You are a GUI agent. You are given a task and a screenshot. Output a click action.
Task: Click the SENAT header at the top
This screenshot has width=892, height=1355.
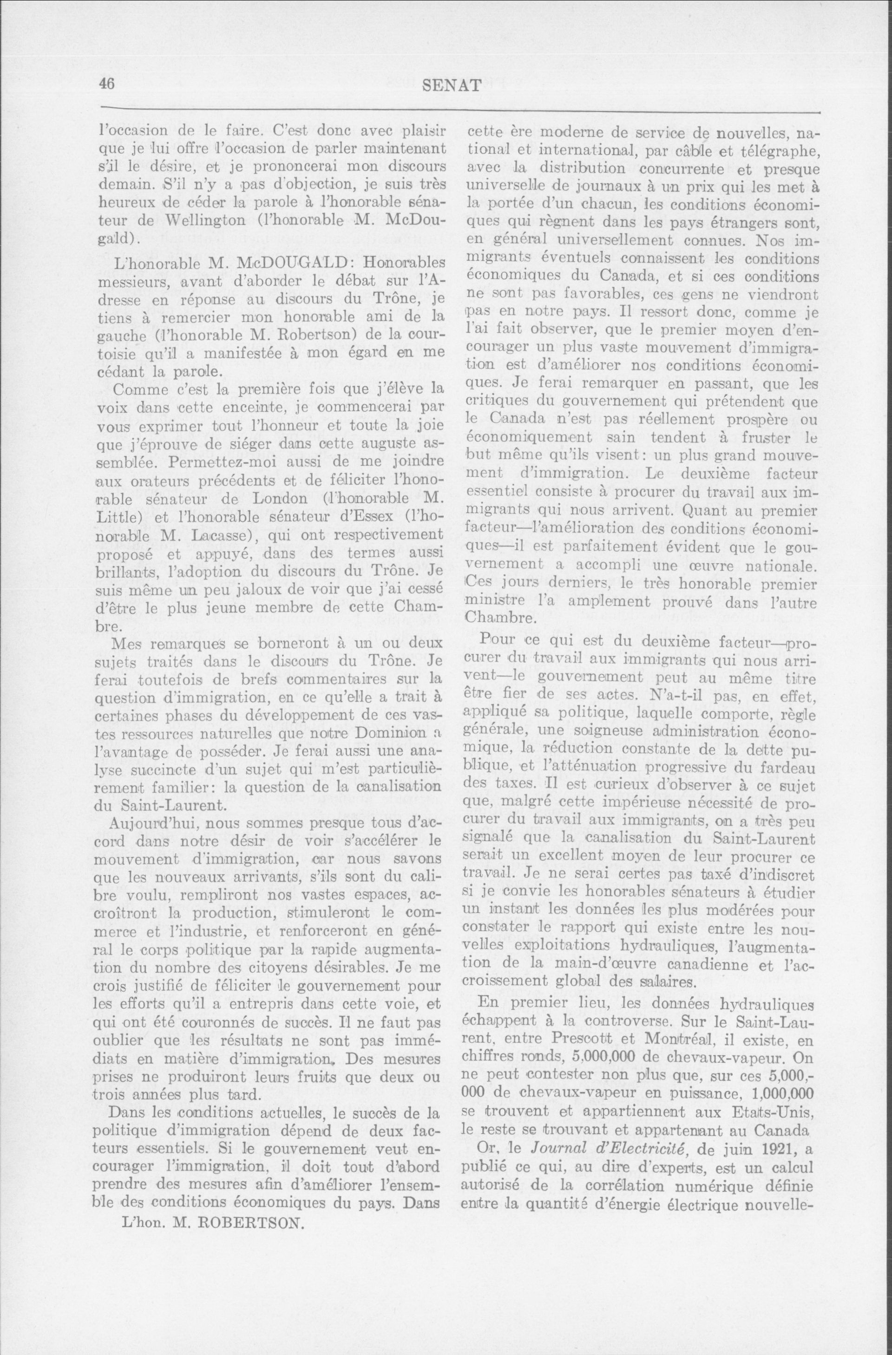tap(453, 86)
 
